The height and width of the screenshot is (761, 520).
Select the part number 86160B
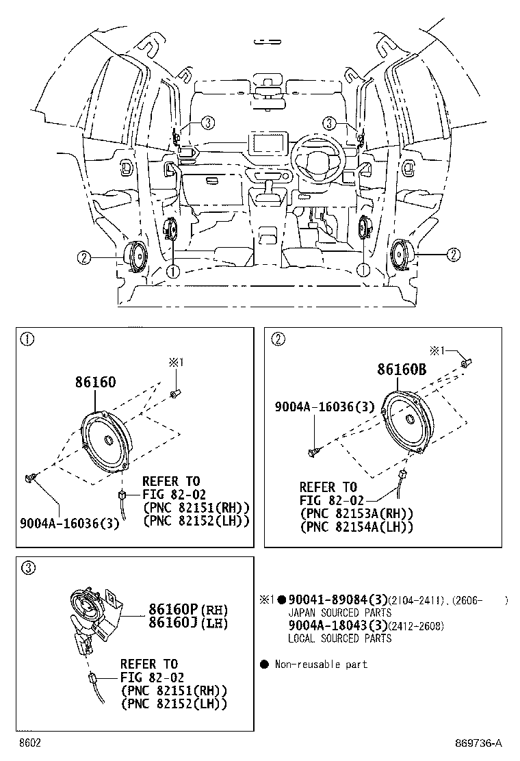pos(402,370)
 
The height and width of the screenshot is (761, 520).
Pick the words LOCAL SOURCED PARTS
pos(339,639)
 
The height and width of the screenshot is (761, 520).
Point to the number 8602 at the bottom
pos(29,743)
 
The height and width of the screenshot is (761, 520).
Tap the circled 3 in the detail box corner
pos(27,567)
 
